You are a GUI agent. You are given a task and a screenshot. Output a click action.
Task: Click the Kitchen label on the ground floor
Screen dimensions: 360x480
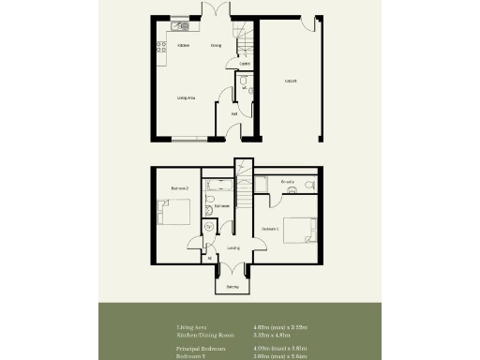pyautogui.click(x=186, y=45)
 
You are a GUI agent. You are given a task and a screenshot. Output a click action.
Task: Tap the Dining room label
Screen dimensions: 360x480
pyautogui.click(x=216, y=45)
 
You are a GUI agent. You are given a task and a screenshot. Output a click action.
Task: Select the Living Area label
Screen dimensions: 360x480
pyautogui.click(x=186, y=97)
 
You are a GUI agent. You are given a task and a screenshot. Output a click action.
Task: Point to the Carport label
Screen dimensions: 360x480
pyautogui.click(x=292, y=81)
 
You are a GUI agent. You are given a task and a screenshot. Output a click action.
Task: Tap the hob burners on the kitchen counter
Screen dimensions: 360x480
pyautogui.click(x=162, y=44)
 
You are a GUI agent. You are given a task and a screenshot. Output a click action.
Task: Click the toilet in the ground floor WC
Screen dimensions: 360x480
pyautogui.click(x=243, y=82)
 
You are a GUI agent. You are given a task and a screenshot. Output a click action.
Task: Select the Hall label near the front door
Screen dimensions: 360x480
pyautogui.click(x=233, y=113)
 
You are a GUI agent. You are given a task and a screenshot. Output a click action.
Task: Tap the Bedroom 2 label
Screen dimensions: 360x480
pyautogui.click(x=180, y=188)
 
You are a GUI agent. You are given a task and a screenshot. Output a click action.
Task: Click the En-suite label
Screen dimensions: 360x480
pyautogui.click(x=288, y=181)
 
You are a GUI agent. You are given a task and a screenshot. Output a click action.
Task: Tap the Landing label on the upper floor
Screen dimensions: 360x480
pyautogui.click(x=233, y=248)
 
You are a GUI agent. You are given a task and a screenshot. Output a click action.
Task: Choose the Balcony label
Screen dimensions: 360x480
pyautogui.click(x=232, y=286)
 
